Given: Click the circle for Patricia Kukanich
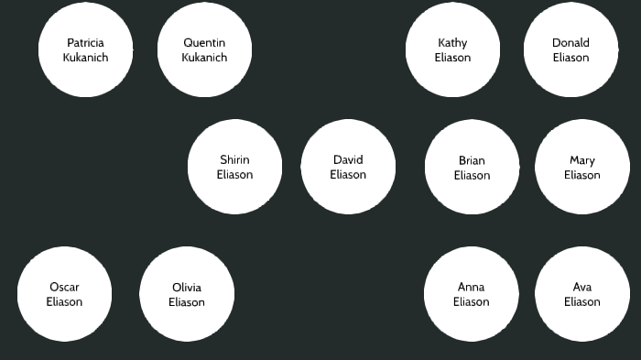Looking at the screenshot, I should click(85, 49).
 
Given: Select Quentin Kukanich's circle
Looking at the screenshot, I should click(204, 49).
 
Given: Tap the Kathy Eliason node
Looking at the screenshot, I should click(452, 49).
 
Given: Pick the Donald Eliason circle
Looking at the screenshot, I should click(570, 49).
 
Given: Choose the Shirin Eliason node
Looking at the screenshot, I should click(234, 167).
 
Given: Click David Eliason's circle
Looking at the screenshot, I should click(348, 167).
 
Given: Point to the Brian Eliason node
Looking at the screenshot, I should click(472, 168).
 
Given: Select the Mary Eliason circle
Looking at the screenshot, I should click(581, 168).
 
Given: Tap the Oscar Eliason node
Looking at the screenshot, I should click(64, 294).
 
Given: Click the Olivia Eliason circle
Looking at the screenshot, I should click(187, 294).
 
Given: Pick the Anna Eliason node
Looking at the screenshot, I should click(471, 294).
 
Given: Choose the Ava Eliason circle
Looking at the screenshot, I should click(581, 294).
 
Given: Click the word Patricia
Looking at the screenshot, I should click(85, 43).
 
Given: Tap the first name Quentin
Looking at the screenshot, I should click(204, 43).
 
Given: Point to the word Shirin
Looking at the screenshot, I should click(234, 160).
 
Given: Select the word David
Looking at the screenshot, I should click(348, 160).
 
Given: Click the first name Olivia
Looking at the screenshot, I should click(187, 288).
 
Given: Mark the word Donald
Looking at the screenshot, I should click(570, 43).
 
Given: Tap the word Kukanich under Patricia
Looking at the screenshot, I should click(85, 58).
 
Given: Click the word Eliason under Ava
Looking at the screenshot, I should click(581, 302).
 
